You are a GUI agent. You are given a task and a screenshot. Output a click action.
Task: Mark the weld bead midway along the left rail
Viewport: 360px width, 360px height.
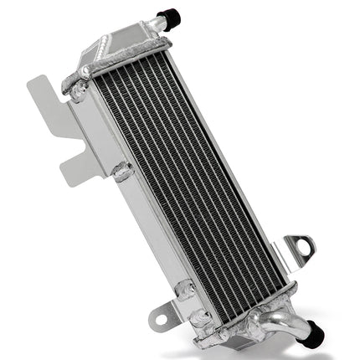click(123, 172)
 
